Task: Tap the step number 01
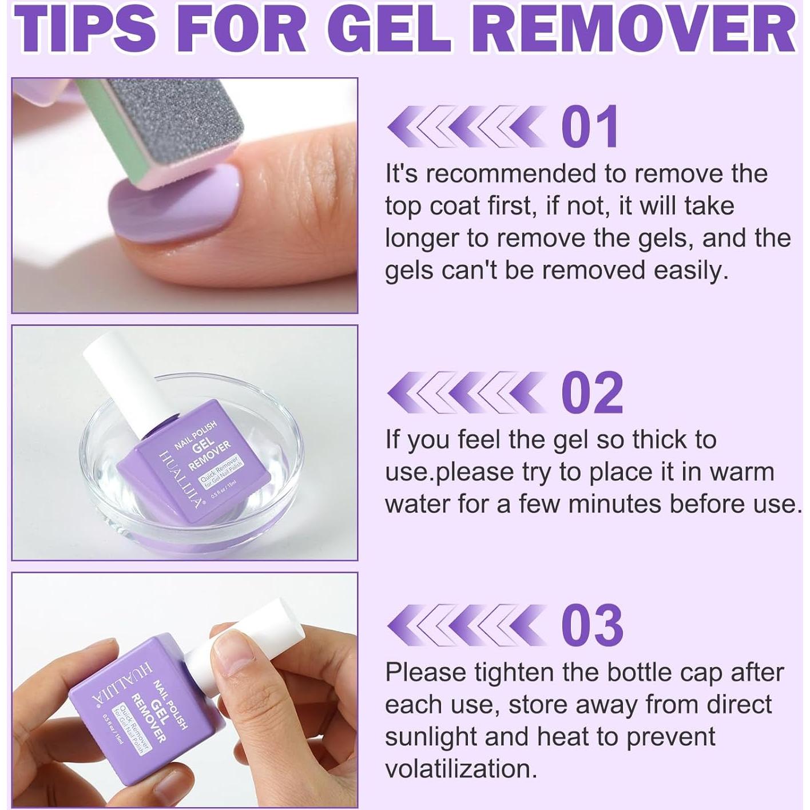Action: pos(590,126)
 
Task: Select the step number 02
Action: pos(591,392)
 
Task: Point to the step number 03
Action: pos(591,625)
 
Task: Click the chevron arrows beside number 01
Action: pos(465,126)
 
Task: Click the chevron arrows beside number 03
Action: pos(465,625)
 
